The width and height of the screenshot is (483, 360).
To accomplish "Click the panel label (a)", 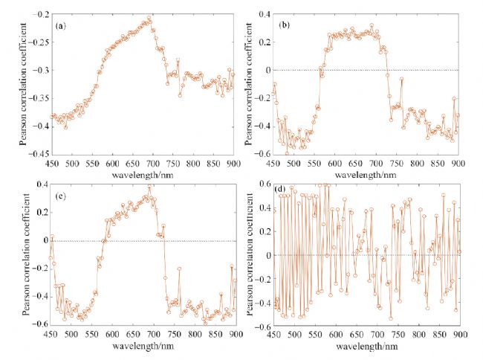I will pos(61,26).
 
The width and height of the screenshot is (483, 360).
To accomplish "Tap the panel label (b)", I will pos(284,25).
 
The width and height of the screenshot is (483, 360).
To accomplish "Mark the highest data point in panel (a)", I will pos(149,18).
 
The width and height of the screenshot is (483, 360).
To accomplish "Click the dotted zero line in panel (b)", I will pos(401,70).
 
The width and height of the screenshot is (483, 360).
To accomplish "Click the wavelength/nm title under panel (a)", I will pos(142,173).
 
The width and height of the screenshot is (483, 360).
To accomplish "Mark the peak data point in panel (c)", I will pos(149,187).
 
